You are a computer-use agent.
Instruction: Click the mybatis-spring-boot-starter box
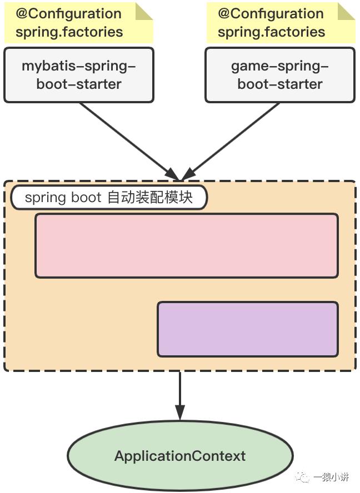coord(78,75)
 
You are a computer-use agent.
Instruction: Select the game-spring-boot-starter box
coord(279,75)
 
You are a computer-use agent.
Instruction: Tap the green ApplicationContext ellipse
coord(179,456)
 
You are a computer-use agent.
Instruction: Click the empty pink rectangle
coord(186,245)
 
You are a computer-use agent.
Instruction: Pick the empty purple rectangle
coord(247,329)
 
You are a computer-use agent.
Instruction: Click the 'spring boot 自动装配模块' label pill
coord(108,198)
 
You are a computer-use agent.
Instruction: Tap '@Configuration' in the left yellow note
coord(69,14)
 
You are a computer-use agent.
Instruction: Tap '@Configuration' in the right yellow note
coord(271,14)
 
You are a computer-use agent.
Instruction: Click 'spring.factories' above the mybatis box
coord(69,32)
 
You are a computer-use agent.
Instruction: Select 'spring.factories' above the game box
coord(271,32)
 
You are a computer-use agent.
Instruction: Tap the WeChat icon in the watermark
coord(303,477)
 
